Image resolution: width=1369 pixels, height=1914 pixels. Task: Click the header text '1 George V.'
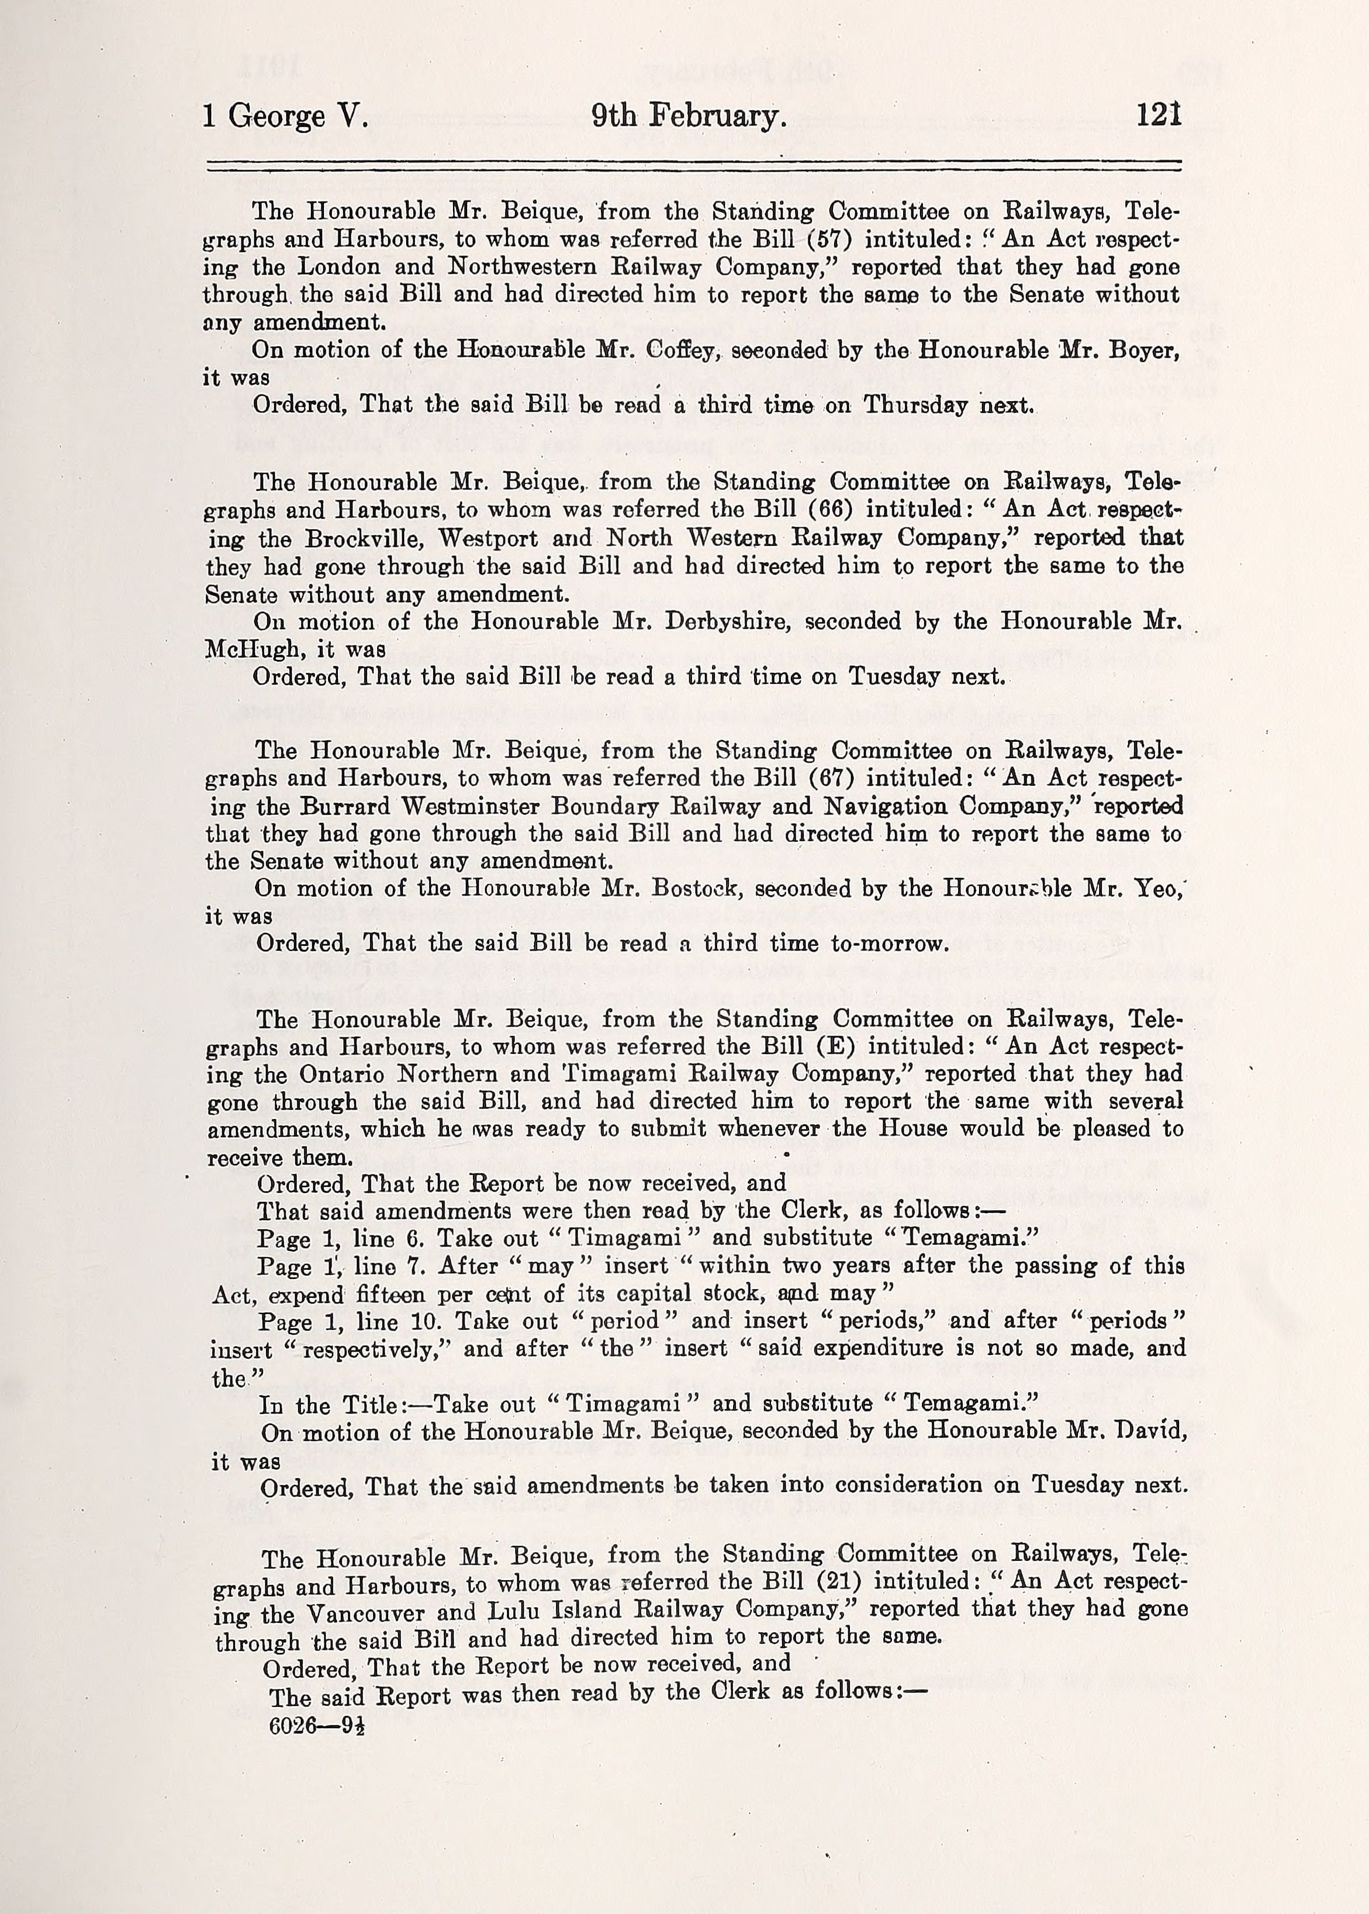point(285,116)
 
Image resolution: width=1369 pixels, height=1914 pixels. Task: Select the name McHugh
point(252,650)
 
